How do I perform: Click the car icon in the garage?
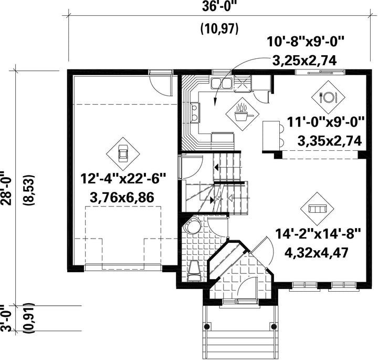click(123, 153)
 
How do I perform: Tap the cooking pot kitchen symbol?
click(242, 114)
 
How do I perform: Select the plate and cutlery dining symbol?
click(328, 97)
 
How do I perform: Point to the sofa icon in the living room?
click(317, 209)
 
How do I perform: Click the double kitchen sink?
click(222, 83)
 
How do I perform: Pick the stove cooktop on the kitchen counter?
click(195, 112)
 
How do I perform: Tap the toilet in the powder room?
click(194, 271)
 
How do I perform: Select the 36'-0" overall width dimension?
click(218, 6)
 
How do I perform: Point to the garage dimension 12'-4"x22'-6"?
click(123, 179)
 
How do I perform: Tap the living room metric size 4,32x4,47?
click(317, 253)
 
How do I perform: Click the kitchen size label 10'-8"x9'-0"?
click(304, 42)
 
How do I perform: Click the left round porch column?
click(207, 326)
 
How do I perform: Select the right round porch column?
click(274, 326)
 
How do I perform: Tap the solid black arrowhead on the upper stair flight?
click(217, 167)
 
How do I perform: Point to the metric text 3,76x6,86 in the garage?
click(122, 198)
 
